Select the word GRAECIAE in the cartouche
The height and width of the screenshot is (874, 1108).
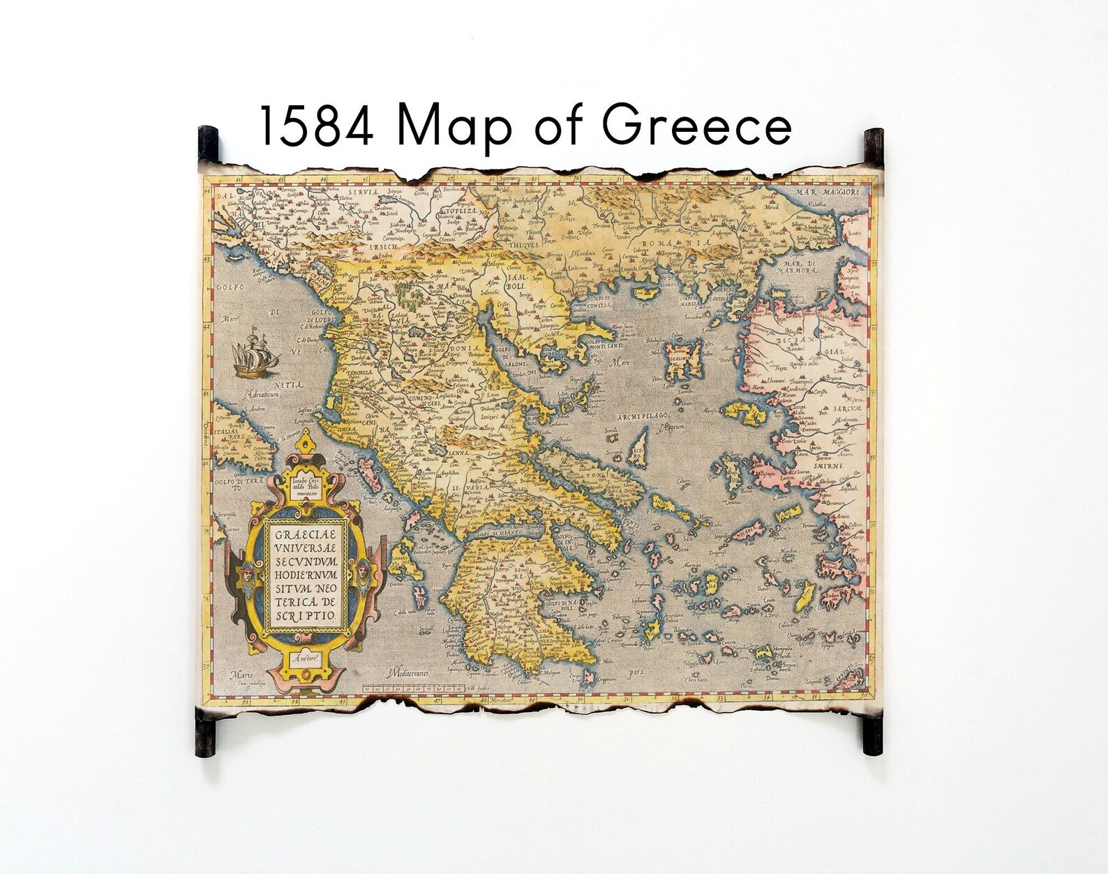coord(304,536)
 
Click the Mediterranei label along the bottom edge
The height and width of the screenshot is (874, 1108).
coord(409,675)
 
